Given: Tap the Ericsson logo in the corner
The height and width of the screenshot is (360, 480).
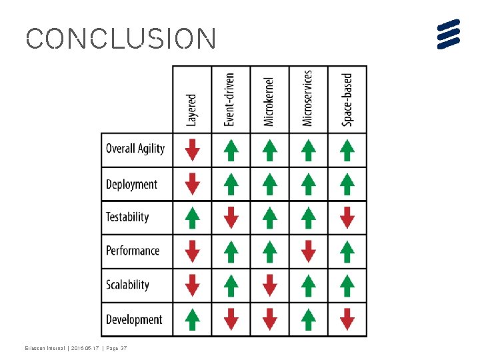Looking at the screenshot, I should click(449, 34).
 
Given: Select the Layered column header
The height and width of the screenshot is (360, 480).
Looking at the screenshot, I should click(192, 110).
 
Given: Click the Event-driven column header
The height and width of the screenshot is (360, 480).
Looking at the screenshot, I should click(230, 100).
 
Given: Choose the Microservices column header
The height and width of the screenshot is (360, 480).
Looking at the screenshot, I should click(307, 99).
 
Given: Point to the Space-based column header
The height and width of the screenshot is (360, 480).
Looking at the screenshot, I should click(347, 100).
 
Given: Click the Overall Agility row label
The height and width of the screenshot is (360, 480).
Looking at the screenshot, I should click(135, 149).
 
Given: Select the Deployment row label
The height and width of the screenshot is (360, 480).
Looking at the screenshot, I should click(132, 184).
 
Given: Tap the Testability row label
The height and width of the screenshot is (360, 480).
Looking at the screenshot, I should click(127, 217).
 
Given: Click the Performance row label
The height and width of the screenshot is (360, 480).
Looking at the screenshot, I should click(133, 251).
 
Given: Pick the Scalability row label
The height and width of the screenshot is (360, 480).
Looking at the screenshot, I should click(127, 285).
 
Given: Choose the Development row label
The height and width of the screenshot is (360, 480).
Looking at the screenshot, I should click(134, 319).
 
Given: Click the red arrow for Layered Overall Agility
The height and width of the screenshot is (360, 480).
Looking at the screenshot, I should click(192, 149).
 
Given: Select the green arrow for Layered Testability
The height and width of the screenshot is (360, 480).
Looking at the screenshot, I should click(192, 217).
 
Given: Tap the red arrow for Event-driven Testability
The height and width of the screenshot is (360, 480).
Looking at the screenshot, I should click(231, 217).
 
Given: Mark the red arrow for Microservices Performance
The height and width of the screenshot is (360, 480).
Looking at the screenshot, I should click(308, 251).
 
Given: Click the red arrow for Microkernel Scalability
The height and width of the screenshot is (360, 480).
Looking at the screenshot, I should click(269, 285).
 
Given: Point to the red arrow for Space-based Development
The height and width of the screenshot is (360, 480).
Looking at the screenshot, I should click(347, 320).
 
